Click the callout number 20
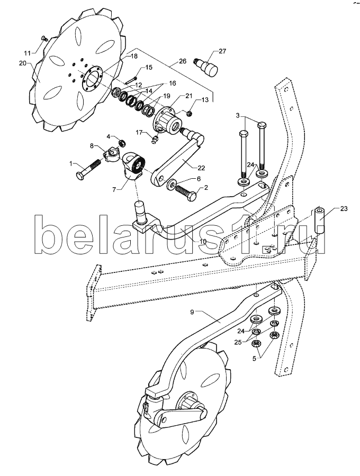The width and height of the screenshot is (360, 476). coord(23,63)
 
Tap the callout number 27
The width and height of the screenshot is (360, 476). coord(222,51)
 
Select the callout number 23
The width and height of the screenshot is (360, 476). coord(344,208)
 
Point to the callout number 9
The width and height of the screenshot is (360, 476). coord(192,312)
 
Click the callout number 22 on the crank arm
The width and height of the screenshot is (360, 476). coord(201,168)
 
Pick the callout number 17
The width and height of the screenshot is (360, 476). coord(139,132)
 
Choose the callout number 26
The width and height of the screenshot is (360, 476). coord(182,61)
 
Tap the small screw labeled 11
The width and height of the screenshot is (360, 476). coord(44,38)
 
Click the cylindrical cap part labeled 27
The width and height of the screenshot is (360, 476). coord(206,67)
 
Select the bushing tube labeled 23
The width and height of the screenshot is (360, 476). coord(318,221)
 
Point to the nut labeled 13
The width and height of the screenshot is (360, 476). coord(188,114)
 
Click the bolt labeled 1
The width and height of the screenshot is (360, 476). coord(89,170)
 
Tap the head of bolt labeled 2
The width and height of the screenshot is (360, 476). coord(192,198)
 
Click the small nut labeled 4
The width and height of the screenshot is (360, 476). coord(122,142)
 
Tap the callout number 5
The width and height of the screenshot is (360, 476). coord(254,358)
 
